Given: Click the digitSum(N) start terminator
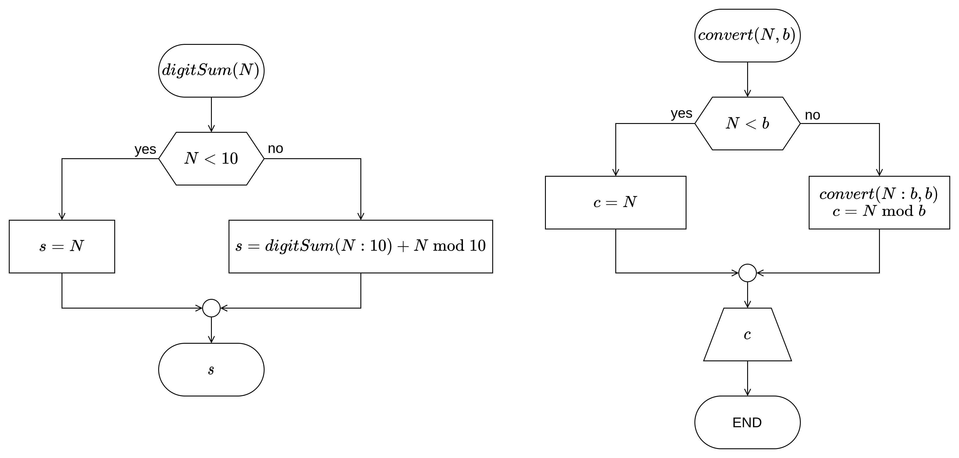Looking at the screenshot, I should [211, 71].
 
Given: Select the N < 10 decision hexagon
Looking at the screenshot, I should [211, 159].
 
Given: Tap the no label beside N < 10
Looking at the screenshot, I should [275, 148].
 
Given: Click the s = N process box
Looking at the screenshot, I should [62, 246].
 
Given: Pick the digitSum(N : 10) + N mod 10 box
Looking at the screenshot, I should [360, 246].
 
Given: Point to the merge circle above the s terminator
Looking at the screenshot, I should [211, 308].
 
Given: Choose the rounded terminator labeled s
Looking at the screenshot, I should [211, 370].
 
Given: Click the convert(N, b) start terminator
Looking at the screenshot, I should [747, 36].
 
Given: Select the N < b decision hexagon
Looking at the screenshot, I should [747, 124].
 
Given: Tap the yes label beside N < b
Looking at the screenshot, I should [681, 113].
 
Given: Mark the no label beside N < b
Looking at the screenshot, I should [812, 115].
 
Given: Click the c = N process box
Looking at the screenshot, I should [615, 202].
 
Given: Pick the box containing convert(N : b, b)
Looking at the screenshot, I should [879, 202].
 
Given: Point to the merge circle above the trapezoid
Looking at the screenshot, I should [747, 273].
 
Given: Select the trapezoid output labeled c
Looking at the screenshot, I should [747, 334].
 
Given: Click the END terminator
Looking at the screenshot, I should [747, 422].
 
